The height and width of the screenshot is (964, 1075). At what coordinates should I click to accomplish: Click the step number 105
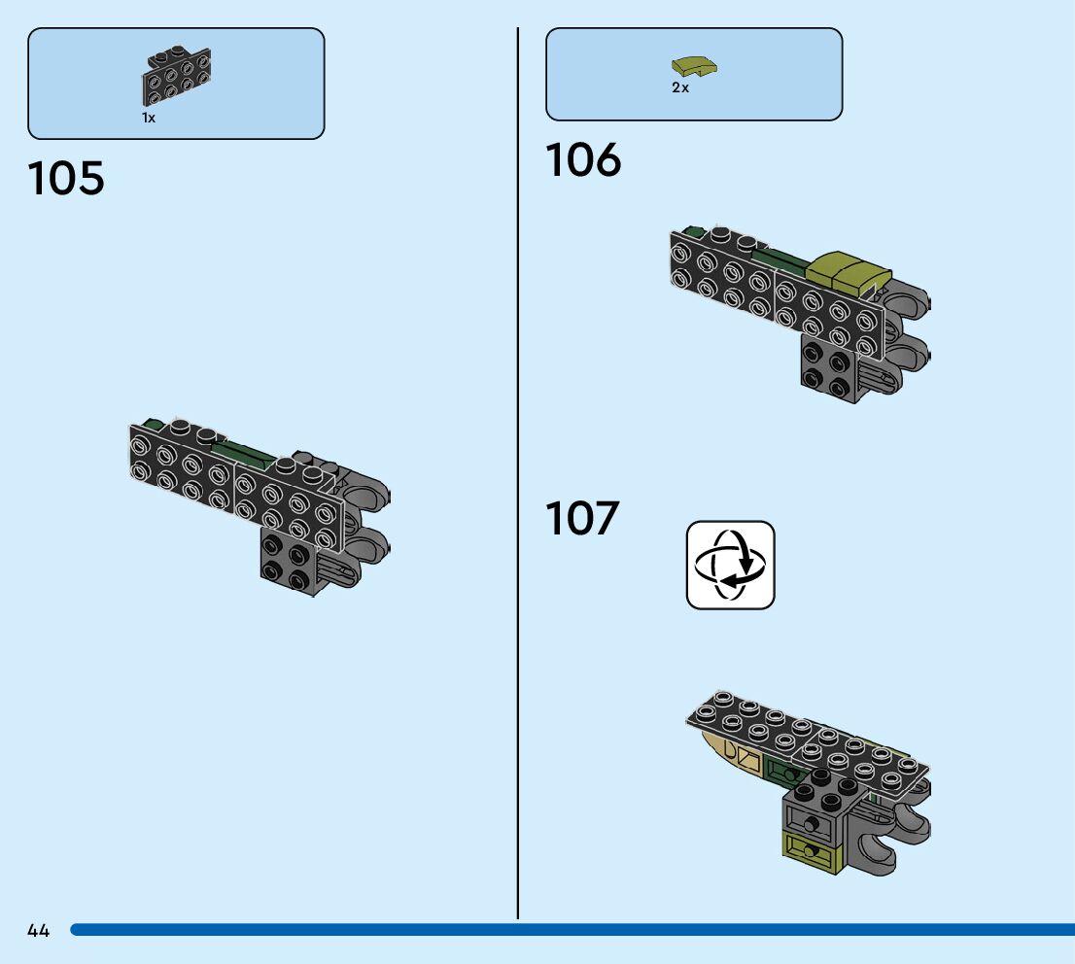coord(66,178)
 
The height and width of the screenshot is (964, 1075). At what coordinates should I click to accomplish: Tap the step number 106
coord(583,159)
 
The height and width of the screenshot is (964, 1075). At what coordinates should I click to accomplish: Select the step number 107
coord(582,518)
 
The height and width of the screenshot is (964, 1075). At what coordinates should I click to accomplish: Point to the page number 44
coord(39,930)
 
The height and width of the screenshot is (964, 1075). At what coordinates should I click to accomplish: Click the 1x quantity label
coord(149,118)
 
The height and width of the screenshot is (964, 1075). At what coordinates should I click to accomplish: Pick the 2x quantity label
coord(680,87)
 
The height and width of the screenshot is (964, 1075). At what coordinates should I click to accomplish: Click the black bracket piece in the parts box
coord(176,76)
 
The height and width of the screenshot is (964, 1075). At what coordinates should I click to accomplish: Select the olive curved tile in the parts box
coord(694,67)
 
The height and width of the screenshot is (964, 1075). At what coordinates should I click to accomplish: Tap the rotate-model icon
coord(731,565)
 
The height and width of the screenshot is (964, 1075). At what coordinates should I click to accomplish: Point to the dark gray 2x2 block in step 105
coord(288,561)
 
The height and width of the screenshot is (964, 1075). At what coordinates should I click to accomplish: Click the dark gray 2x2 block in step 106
coord(829,369)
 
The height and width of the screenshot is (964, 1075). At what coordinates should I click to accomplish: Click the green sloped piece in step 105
coord(243,453)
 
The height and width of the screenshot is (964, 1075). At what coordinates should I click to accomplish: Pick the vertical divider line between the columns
coord(518,473)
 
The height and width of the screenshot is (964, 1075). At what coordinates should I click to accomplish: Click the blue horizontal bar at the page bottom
coord(572,930)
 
